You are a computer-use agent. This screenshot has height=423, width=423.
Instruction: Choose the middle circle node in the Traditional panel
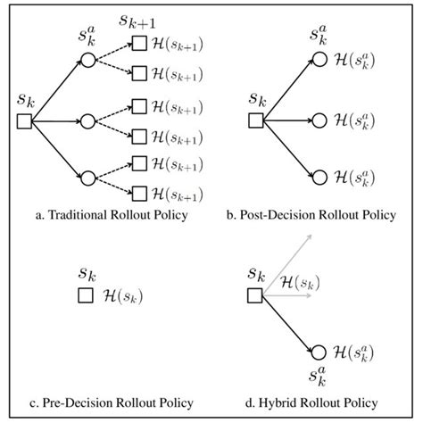pyautogui.click(x=87, y=120)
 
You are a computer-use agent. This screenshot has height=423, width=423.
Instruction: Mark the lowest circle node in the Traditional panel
pyautogui.click(x=87, y=175)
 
